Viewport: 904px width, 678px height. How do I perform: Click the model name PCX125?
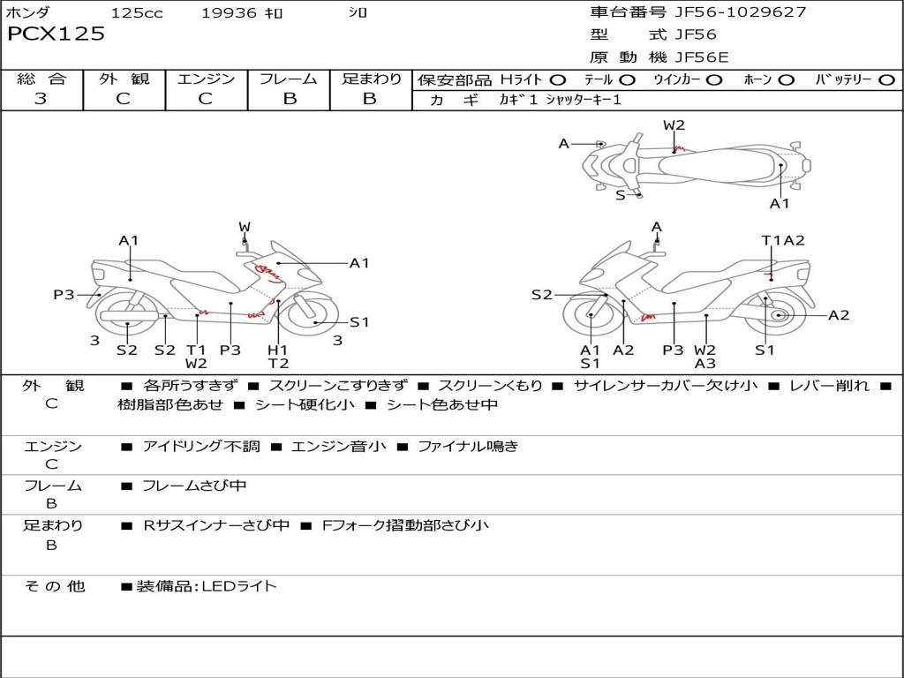pos(56,34)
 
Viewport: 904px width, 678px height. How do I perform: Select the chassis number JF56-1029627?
pos(741,11)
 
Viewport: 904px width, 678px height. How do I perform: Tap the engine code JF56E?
pos(702,57)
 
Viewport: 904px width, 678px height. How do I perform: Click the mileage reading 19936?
pos(229,12)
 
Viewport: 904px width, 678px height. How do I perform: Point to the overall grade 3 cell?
pos(41,98)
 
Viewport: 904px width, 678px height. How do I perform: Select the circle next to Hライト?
pos(558,80)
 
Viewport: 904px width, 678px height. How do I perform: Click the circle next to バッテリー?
pos(886,80)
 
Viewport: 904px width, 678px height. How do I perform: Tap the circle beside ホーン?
pos(787,80)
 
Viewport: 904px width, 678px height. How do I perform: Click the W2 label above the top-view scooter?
pos(674,125)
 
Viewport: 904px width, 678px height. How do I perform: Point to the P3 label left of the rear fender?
pos(64,295)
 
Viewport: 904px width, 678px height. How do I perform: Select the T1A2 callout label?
pos(783,240)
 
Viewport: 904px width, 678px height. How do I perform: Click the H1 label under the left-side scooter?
pos(278,350)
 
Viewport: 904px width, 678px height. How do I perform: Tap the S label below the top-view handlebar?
pos(621,195)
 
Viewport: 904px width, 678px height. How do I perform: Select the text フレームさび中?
pos(193,486)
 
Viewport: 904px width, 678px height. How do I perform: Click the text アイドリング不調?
pos(201,446)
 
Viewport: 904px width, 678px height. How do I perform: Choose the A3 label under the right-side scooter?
pos(704,364)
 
